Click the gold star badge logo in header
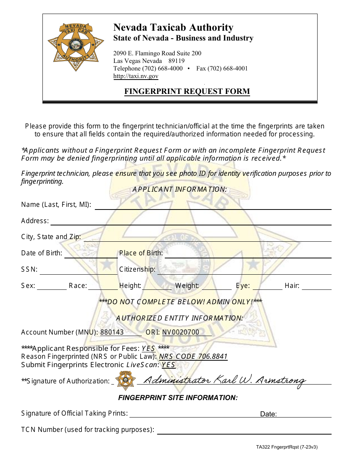[x=76, y=47]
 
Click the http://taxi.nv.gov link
[x=136, y=76]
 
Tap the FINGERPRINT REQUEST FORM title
[x=187, y=91]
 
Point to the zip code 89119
[x=177, y=61]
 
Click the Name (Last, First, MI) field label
[x=56, y=205]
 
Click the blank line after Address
[x=191, y=222]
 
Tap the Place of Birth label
[x=141, y=253]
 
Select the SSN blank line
[x=78, y=271]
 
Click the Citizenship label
[x=137, y=269]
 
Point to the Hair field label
[x=292, y=286]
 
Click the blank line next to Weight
[x=217, y=287]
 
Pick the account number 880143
[x=112, y=332]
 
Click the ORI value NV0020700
[x=181, y=332]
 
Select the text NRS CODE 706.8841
[x=193, y=357]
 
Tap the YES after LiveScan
[x=168, y=365]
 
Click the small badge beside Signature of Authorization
[x=126, y=380]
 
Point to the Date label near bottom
[x=268, y=414]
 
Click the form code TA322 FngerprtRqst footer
[x=286, y=447]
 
